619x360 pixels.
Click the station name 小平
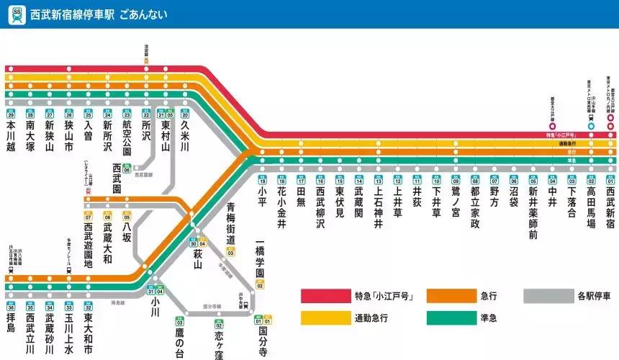pos(262,197)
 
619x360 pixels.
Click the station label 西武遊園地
pos(89,246)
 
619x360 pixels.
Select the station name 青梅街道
pos(231,223)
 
